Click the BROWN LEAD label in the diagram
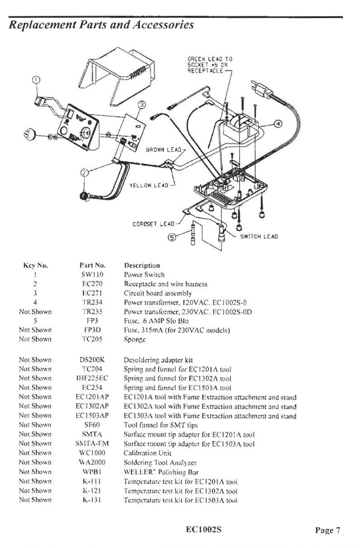point(163,150)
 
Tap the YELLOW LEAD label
point(149,185)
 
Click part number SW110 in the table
point(93,275)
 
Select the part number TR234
point(93,302)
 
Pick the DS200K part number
point(93,360)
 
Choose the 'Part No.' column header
point(93,265)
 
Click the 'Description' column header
point(142,265)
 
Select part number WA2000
point(93,462)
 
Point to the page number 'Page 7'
point(328,530)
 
